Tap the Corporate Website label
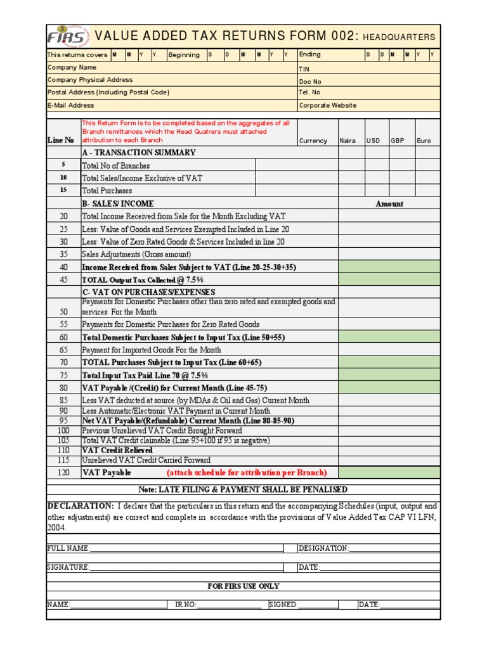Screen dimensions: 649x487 [327, 106]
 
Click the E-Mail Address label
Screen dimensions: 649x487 [71, 106]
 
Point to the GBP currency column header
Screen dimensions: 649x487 [398, 141]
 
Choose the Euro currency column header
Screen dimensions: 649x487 [423, 141]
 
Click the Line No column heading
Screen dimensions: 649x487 [61, 140]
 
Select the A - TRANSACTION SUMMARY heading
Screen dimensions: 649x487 [139, 153]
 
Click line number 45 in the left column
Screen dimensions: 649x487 [63, 280]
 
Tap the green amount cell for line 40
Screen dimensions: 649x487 [389, 267]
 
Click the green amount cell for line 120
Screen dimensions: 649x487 [389, 473]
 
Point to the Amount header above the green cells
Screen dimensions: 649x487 [389, 204]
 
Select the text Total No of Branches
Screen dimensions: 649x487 [116, 166]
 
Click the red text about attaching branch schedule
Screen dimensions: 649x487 [247, 473]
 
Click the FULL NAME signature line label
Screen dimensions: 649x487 [68, 548]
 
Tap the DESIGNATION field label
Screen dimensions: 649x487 [323, 548]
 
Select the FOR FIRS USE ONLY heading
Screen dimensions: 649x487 [243, 586]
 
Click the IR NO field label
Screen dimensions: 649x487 [186, 605]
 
